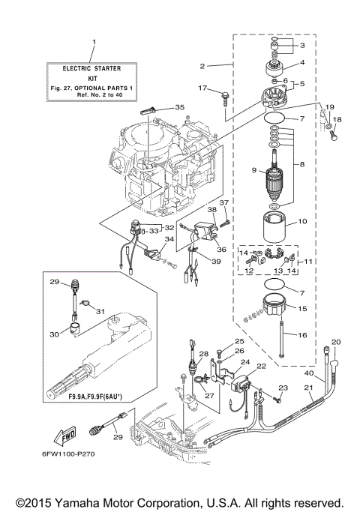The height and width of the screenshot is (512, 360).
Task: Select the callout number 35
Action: (x=179, y=107)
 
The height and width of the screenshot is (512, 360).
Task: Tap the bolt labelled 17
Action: (x=223, y=93)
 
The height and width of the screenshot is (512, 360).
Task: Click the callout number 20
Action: (x=336, y=342)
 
